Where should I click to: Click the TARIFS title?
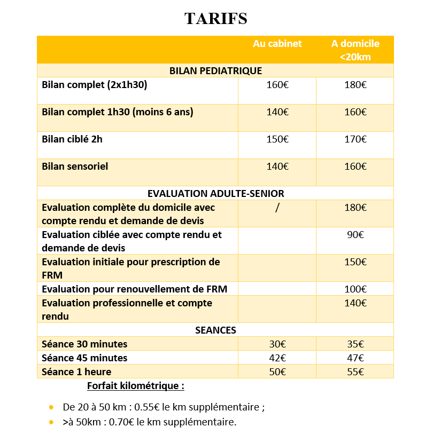(215, 19)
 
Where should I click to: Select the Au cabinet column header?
(277, 44)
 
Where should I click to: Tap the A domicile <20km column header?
(355, 50)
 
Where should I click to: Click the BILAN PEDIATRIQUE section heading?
(215, 70)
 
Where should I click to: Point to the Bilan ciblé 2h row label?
(72, 139)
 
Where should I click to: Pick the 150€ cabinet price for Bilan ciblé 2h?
(277, 139)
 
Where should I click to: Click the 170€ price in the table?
(355, 139)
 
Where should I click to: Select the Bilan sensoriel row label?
(75, 166)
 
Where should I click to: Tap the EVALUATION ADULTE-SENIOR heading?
(215, 193)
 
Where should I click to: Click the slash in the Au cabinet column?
(277, 208)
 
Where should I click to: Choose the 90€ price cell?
(355, 234)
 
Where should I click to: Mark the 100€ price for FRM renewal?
(355, 289)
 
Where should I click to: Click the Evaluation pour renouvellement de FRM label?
(134, 289)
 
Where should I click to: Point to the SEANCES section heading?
(215, 330)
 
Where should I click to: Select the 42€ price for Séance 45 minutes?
(277, 358)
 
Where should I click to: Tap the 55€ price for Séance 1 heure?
(355, 372)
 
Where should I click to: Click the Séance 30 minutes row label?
(84, 344)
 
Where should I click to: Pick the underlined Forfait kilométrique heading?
(135, 385)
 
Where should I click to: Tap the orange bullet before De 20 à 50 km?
(51, 407)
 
